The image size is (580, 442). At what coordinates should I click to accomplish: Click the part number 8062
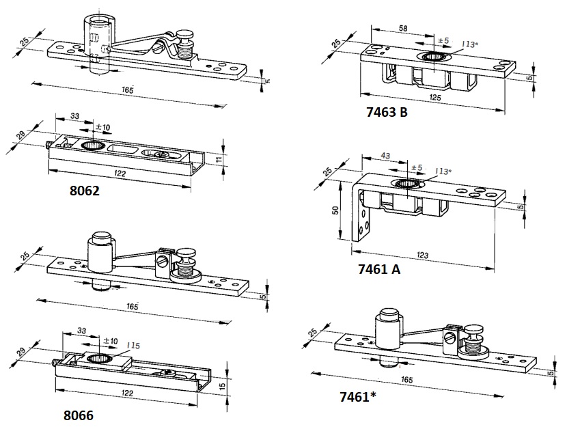click(x=85, y=191)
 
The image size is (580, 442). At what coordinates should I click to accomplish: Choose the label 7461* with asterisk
click(x=357, y=396)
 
